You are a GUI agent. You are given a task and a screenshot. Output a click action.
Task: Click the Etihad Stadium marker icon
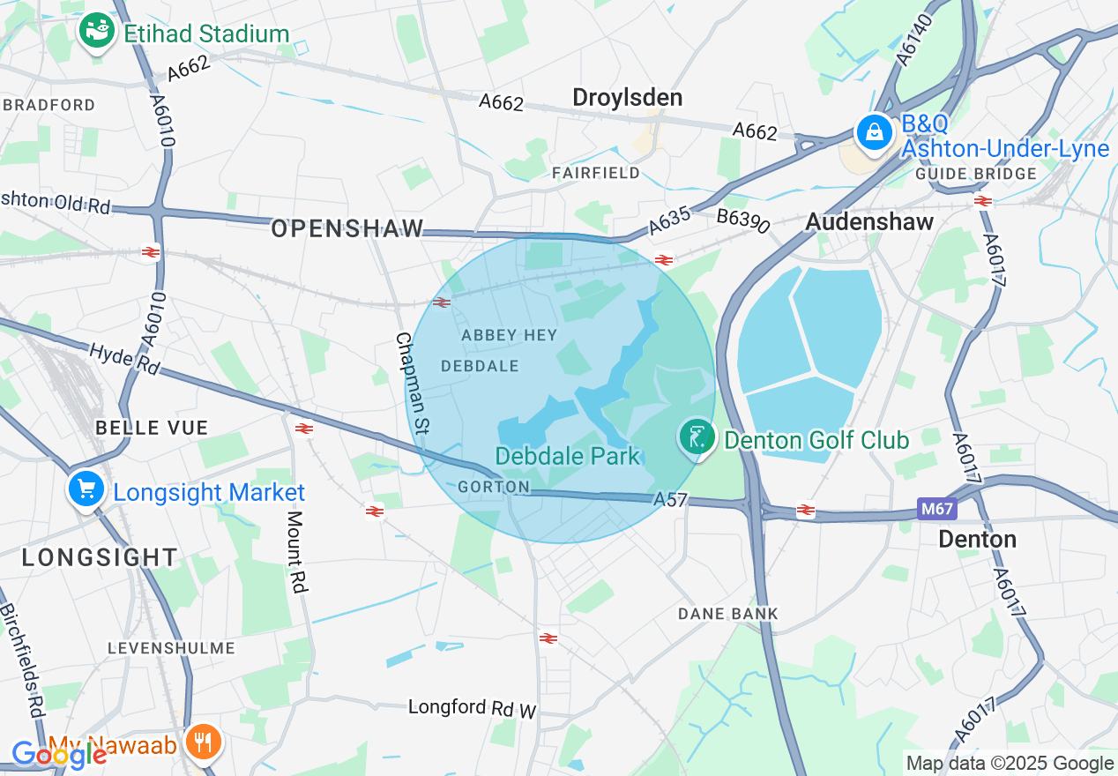point(96,32)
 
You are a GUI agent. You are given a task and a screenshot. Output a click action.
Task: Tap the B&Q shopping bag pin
point(874,133)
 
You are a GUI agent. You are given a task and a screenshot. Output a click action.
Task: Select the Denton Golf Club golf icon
point(697,436)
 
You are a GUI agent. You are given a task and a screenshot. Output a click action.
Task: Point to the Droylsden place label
point(627,97)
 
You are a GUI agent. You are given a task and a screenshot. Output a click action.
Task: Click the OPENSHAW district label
point(347,228)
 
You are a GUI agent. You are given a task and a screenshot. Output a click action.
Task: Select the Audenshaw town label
point(869,221)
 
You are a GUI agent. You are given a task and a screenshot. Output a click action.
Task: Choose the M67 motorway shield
point(936,509)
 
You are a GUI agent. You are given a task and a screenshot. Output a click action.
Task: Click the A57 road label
point(670,500)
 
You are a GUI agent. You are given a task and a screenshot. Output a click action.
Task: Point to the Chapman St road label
point(413,383)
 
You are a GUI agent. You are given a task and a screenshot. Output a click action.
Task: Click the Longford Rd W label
point(472,707)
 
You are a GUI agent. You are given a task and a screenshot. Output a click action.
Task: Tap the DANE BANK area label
point(727,613)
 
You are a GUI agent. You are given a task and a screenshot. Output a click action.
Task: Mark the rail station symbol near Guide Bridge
point(983,201)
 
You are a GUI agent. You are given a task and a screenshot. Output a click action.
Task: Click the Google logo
point(58,754)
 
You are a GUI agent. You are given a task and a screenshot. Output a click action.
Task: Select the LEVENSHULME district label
point(171,647)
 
